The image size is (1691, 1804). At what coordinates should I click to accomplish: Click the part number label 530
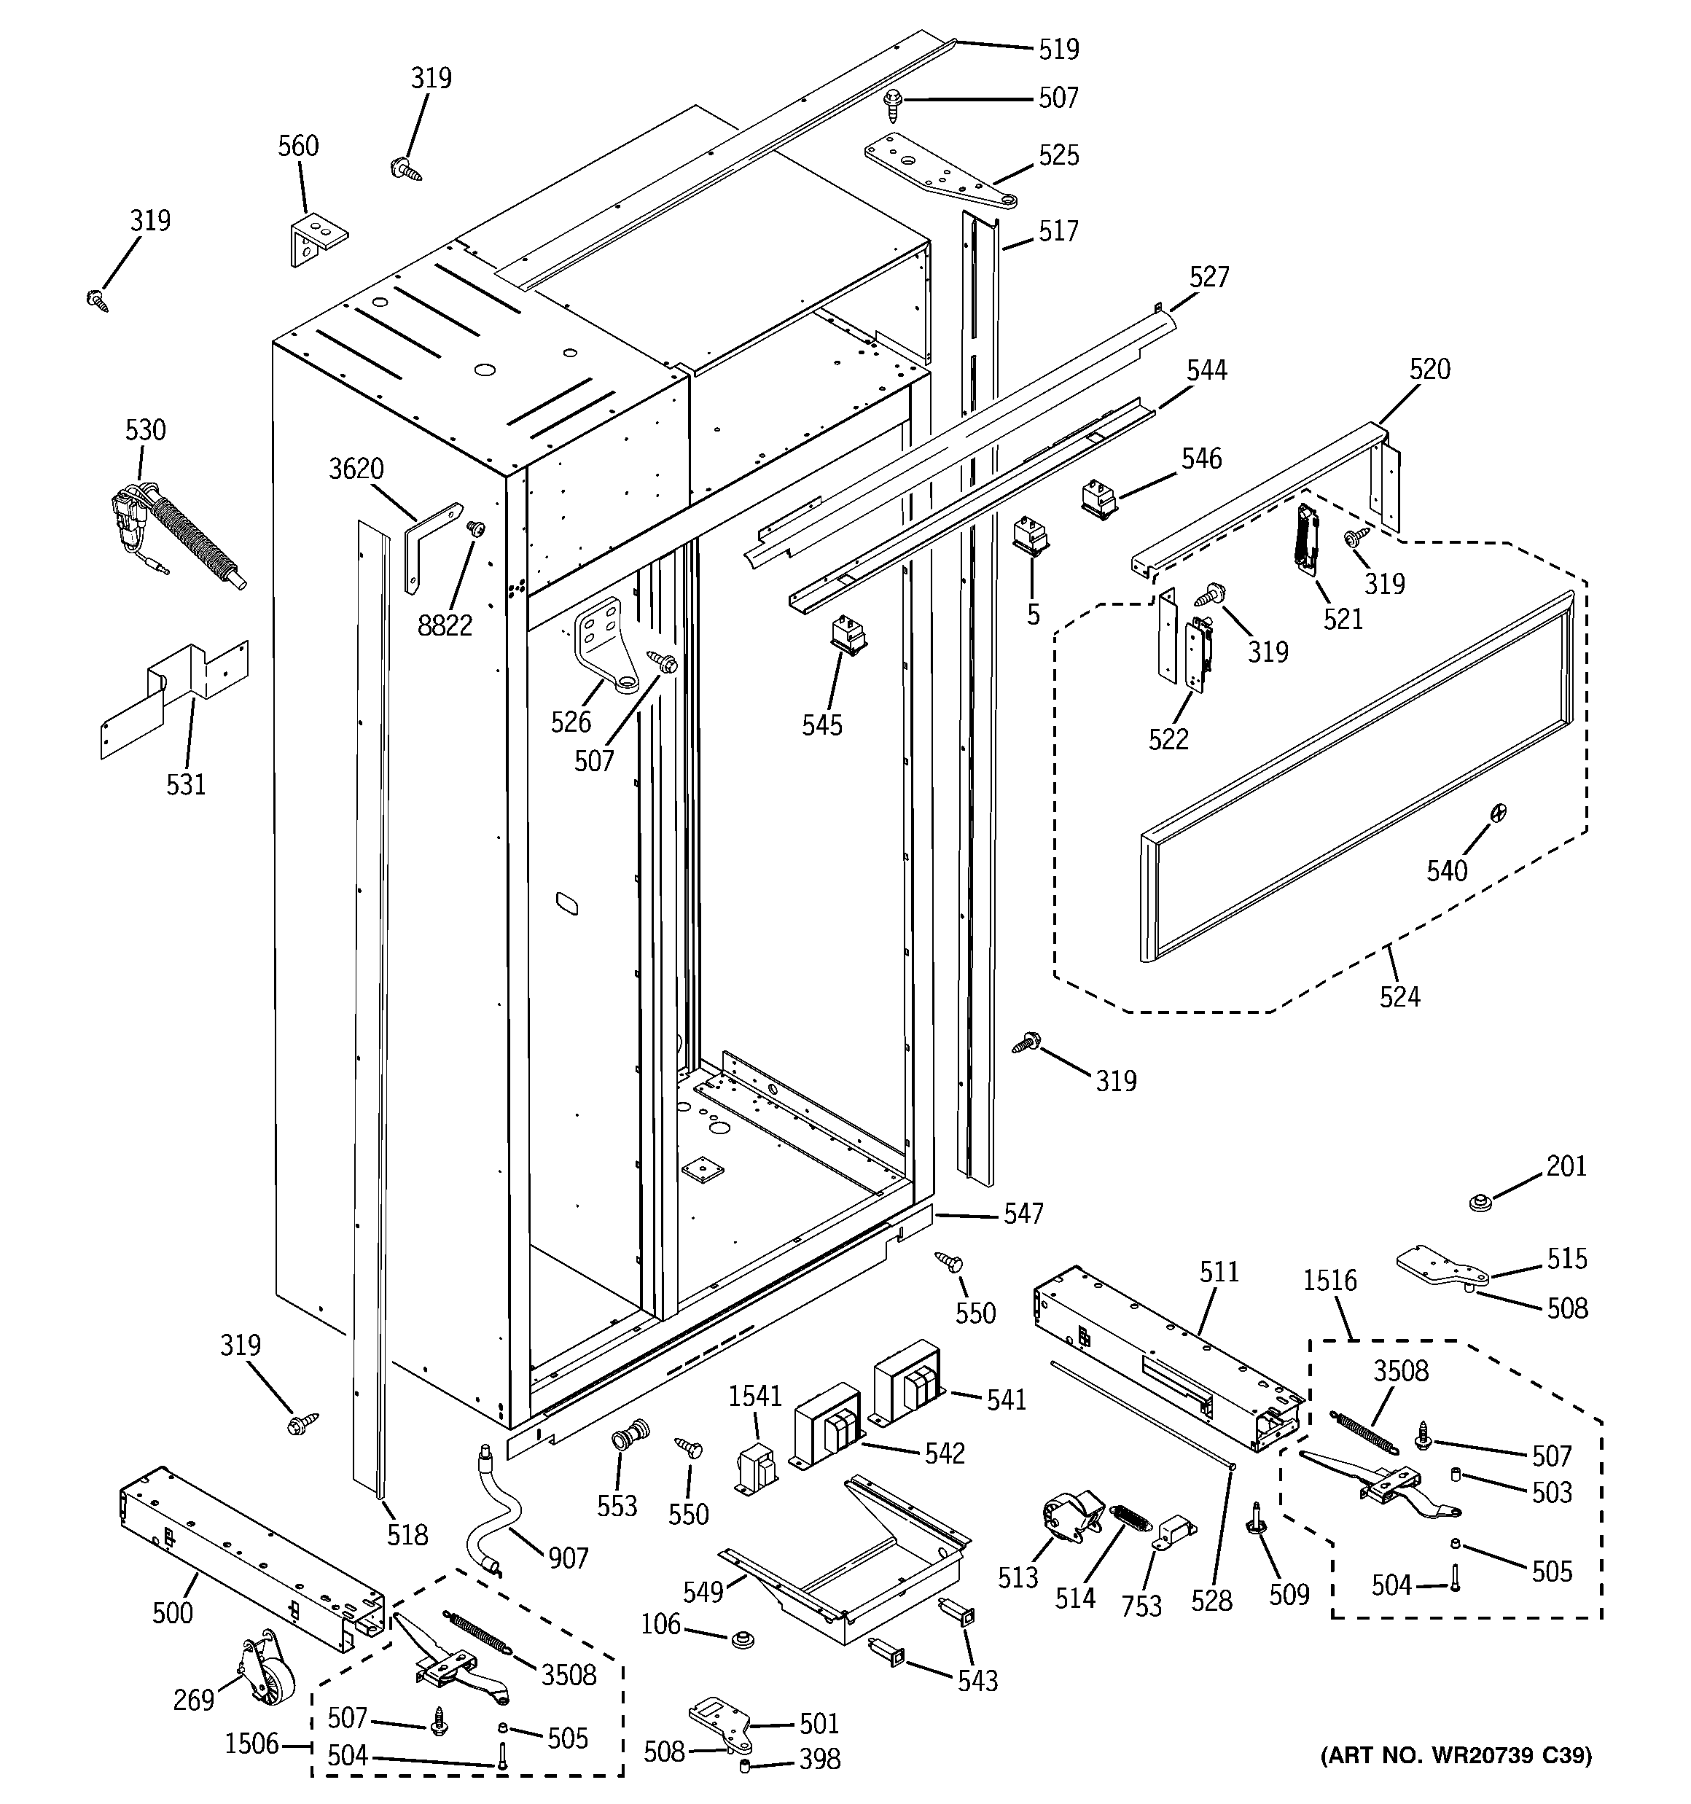[x=145, y=430]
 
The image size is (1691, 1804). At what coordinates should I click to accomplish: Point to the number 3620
[x=356, y=469]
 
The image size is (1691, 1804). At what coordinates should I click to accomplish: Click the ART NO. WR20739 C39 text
[x=1455, y=1781]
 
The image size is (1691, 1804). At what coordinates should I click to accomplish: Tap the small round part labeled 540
[x=1499, y=811]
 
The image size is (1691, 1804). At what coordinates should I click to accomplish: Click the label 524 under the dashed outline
[x=1399, y=997]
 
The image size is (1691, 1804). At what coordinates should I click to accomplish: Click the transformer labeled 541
[x=907, y=1383]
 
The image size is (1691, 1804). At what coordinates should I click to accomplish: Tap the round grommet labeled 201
[x=1481, y=1204]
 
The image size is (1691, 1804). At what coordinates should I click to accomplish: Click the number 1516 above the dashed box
[x=1329, y=1281]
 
